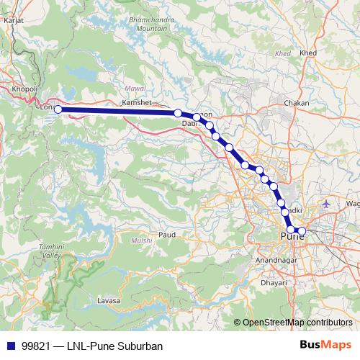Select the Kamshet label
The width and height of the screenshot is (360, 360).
137,104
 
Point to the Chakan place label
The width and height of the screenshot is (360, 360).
297,104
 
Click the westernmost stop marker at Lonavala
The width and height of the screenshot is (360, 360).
58,109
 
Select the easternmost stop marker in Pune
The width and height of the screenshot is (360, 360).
302,231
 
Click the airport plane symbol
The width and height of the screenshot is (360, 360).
326,204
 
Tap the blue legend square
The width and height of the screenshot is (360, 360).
10,346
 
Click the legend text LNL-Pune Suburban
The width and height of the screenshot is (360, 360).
116,346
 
